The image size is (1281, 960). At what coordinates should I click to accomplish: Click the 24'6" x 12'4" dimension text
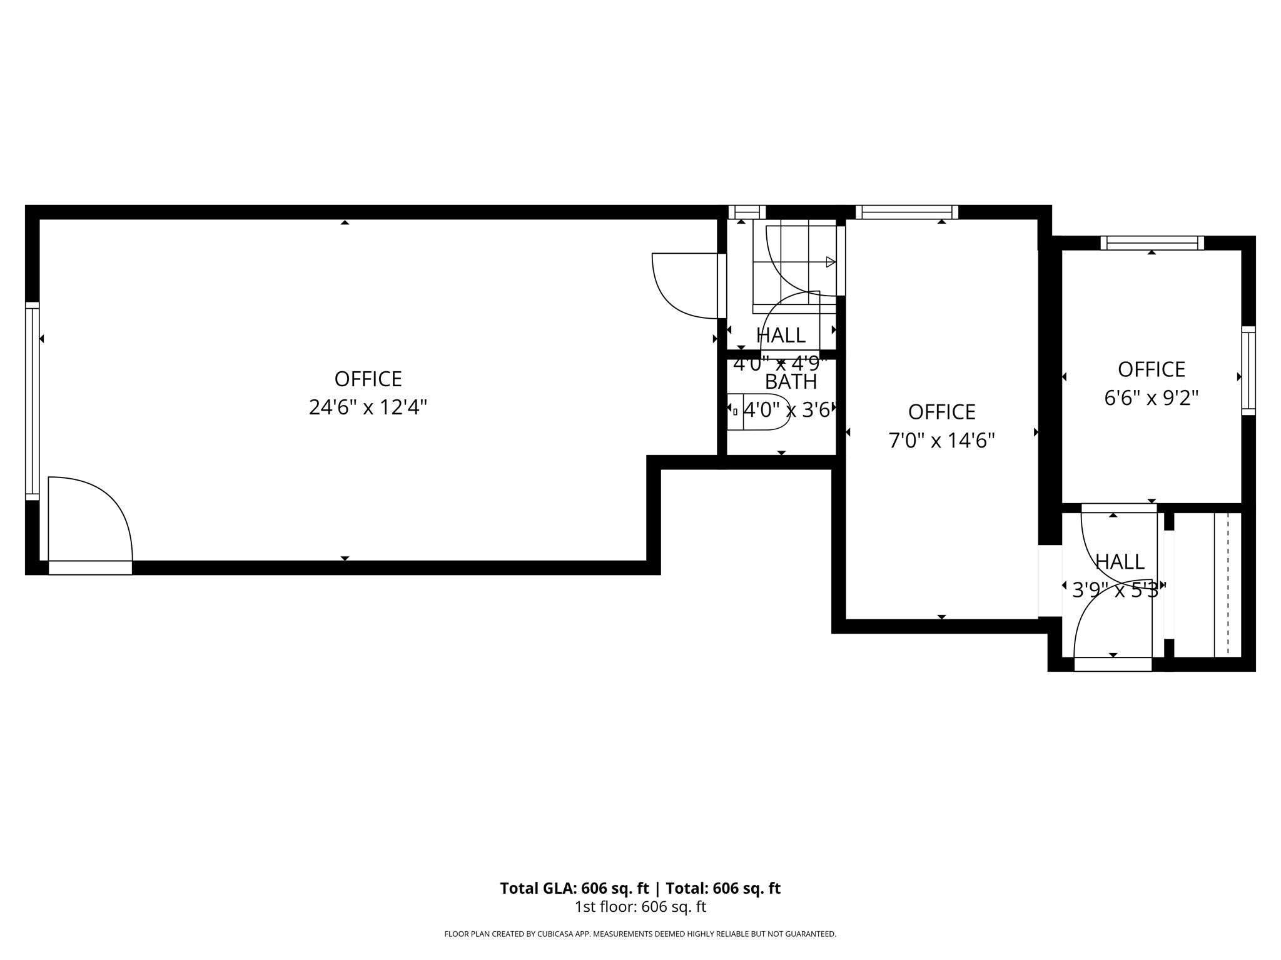click(368, 408)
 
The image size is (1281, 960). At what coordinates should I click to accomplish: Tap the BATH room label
click(791, 381)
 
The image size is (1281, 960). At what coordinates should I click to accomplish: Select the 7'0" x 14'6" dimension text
click(941, 441)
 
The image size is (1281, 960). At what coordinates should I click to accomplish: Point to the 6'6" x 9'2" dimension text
click(1151, 398)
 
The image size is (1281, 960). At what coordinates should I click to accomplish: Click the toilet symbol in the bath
click(757, 411)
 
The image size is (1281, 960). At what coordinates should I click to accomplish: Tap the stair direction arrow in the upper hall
click(830, 262)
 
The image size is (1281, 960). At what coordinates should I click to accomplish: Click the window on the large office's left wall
click(32, 401)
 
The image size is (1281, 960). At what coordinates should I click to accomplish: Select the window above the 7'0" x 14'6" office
click(906, 212)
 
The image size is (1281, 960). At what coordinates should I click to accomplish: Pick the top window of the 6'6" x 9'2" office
click(1152, 243)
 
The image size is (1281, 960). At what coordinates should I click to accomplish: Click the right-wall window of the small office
click(1248, 370)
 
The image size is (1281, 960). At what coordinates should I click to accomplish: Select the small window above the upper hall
click(747, 212)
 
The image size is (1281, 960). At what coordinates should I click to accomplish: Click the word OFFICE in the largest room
click(368, 379)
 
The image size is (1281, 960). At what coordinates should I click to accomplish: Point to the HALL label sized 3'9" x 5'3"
click(1120, 562)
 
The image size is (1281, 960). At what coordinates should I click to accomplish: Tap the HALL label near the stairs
click(781, 336)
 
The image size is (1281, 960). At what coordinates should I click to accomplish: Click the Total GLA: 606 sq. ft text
click(574, 888)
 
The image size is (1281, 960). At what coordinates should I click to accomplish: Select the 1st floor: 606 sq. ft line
click(640, 907)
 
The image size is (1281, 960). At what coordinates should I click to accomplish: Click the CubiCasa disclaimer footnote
click(640, 934)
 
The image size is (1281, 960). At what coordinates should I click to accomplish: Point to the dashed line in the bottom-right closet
click(1228, 584)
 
